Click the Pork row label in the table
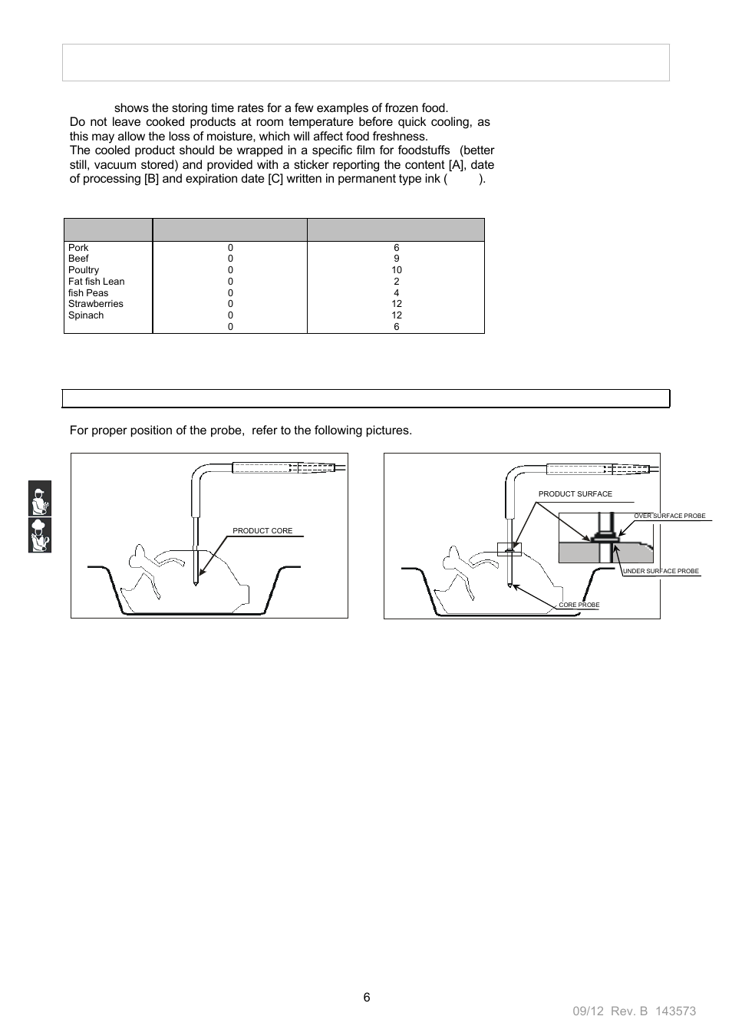pos(78,248)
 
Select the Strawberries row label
pos(95,304)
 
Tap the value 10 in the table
pos(396,270)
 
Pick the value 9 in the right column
pos(396,259)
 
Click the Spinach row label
pos(85,315)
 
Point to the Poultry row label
pos(84,270)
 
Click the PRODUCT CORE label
pos(262,531)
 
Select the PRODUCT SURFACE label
pos(575,494)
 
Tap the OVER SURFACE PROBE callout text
pos(669,516)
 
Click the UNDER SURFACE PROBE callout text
pos(661,572)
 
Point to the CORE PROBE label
pos(579,605)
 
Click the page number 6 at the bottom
pos(366,997)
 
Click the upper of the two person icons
pos(40,498)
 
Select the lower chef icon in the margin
pos(40,535)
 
